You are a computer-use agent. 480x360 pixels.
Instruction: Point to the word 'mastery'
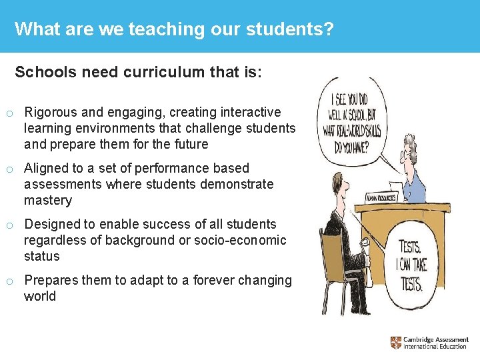click(48, 201)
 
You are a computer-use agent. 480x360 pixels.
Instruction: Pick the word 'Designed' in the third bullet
click(50, 225)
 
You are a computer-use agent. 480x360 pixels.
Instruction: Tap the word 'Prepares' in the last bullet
click(51, 281)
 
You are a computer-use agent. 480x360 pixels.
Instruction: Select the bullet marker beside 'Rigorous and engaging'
click(9, 113)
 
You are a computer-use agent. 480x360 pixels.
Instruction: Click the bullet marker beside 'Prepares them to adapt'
click(9, 281)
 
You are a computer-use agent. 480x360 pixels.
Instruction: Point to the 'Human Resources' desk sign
click(381, 197)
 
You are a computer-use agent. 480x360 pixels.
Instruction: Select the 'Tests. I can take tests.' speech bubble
click(411, 265)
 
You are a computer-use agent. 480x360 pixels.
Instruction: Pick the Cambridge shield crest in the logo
click(396, 343)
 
